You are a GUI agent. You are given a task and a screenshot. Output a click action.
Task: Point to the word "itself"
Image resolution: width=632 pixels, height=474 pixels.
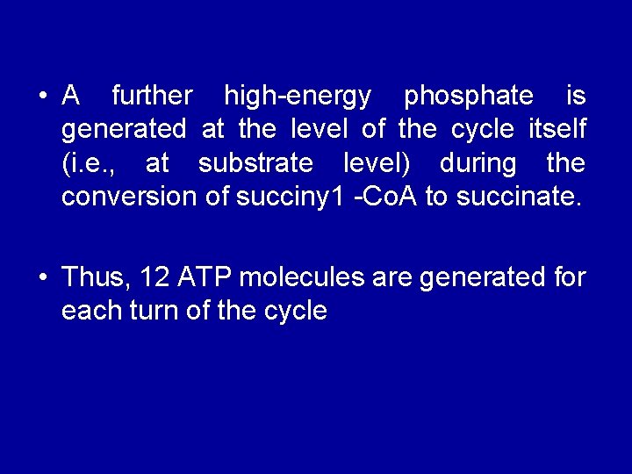pos(557,129)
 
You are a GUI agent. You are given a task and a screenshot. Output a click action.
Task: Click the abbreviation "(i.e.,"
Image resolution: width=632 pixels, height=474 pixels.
pos(91,164)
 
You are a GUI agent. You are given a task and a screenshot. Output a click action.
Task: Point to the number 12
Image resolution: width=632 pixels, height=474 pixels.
pos(154,277)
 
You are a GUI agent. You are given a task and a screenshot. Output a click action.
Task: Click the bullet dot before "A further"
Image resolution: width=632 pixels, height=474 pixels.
pos(42,95)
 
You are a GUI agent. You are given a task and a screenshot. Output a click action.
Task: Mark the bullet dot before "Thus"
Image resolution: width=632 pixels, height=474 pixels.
pos(42,278)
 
